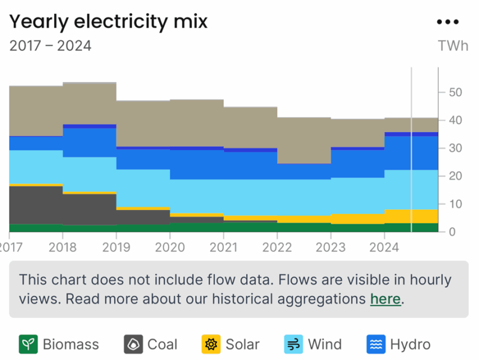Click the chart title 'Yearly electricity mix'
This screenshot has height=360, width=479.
click(108, 22)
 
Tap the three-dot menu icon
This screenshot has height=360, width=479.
click(447, 22)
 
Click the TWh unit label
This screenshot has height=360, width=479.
click(453, 46)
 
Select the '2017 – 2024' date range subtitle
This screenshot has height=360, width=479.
click(50, 46)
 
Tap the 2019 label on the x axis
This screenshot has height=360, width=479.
click(116, 247)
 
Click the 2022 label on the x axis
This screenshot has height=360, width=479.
click(277, 247)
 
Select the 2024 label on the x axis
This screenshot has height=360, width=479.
click(384, 247)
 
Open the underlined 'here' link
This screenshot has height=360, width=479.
click(385, 298)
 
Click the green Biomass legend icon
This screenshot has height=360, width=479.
click(28, 344)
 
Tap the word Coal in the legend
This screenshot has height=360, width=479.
click(162, 344)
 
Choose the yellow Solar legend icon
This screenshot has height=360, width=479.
click(211, 344)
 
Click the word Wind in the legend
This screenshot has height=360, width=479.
click(325, 344)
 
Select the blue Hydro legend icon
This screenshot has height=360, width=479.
click(376, 344)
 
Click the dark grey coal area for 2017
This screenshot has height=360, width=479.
click(36, 205)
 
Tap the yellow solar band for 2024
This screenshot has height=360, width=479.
click(411, 216)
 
